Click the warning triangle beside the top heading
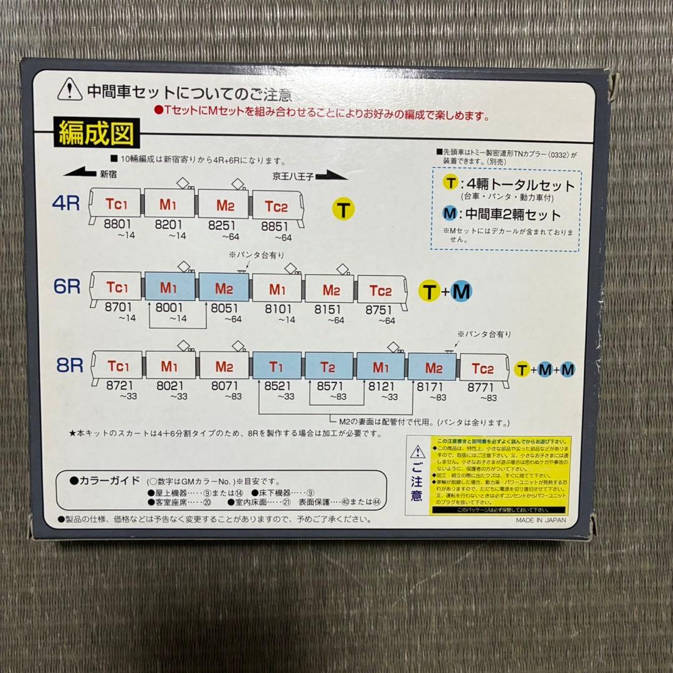pos(70,92)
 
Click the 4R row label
pos(66,203)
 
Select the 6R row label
pos(67,287)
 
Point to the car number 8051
pos(224,308)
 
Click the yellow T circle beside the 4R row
pos(343,209)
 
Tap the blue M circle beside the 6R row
pos(461,290)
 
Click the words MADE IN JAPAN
pos(541,522)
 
